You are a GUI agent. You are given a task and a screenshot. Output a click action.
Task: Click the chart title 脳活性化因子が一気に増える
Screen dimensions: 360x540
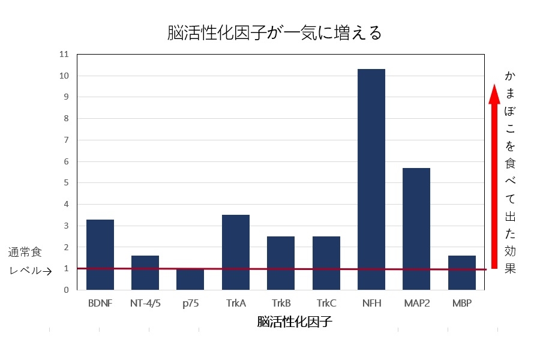[274, 33]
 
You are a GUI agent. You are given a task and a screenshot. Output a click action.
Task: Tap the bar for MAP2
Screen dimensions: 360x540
[416, 229]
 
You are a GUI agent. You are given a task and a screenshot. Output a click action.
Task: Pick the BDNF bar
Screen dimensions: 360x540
[100, 254]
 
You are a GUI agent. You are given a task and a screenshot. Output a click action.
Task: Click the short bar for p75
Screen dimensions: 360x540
[190, 279]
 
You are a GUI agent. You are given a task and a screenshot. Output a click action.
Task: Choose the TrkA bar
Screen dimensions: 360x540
[236, 252]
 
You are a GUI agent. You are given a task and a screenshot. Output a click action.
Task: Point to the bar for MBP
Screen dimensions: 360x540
[461, 272]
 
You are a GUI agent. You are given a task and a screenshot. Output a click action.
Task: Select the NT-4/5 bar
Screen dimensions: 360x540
[145, 272]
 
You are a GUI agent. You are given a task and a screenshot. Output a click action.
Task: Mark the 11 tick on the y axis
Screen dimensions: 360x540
[65, 55]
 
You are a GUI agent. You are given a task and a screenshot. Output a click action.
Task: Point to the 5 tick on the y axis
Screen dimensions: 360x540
[67, 183]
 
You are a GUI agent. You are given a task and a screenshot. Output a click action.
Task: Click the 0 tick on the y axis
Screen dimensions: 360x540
[67, 290]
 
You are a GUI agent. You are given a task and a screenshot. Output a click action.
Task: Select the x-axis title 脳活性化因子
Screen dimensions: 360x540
[295, 322]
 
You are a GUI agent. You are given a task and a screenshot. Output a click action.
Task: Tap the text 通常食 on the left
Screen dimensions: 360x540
[25, 253]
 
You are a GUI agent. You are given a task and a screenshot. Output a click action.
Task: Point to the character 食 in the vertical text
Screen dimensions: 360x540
[511, 161]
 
